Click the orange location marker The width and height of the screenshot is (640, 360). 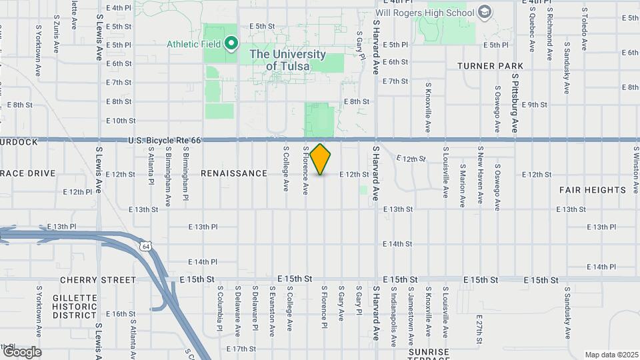(321, 159)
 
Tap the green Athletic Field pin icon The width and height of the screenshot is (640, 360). (231, 44)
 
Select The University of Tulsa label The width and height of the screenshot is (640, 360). (287, 60)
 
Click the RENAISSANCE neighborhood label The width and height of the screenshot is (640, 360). (234, 173)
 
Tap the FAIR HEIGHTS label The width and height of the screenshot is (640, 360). (592, 190)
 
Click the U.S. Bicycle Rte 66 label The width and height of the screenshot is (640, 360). (164, 140)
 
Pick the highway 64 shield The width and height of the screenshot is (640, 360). (146, 247)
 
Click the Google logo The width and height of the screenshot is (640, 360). (21, 351)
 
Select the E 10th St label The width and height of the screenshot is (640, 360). (121, 121)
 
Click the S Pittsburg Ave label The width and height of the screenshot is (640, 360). (515, 103)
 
